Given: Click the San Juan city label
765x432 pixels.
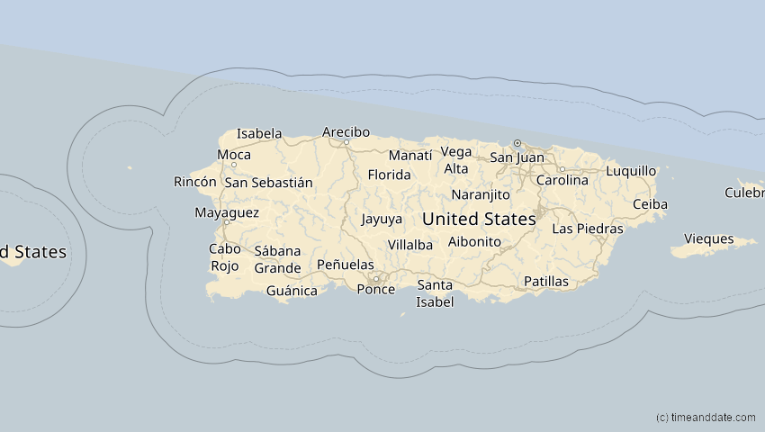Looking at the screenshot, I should [x=517, y=157].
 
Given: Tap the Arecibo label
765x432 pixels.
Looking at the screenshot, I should [x=346, y=132].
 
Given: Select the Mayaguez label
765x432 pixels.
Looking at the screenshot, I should [x=227, y=213].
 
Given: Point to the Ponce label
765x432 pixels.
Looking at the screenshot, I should [x=375, y=289].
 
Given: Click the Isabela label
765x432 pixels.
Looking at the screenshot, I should [x=259, y=134].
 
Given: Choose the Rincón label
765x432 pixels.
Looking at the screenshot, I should [x=195, y=182].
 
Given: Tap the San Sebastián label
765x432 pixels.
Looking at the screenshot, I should [x=269, y=183].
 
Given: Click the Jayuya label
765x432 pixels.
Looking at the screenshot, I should [x=382, y=219].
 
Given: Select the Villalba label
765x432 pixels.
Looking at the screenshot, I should [x=410, y=245].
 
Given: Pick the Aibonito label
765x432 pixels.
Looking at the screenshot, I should [x=473, y=242].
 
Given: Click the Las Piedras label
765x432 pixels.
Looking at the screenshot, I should [x=587, y=229].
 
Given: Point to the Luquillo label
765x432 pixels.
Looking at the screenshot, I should [x=631, y=171].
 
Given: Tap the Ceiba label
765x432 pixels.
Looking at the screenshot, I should [x=650, y=204].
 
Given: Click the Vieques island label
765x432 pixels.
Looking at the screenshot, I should [x=709, y=239].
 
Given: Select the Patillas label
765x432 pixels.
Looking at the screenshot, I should [x=545, y=282].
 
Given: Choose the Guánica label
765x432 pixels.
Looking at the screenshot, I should [x=292, y=291].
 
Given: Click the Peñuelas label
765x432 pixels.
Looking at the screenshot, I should [x=346, y=265].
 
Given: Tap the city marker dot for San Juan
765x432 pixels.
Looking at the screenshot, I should [x=517, y=143].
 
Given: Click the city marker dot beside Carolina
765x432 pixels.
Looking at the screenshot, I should [x=562, y=168].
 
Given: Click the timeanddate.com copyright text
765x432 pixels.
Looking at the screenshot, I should [x=706, y=418].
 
